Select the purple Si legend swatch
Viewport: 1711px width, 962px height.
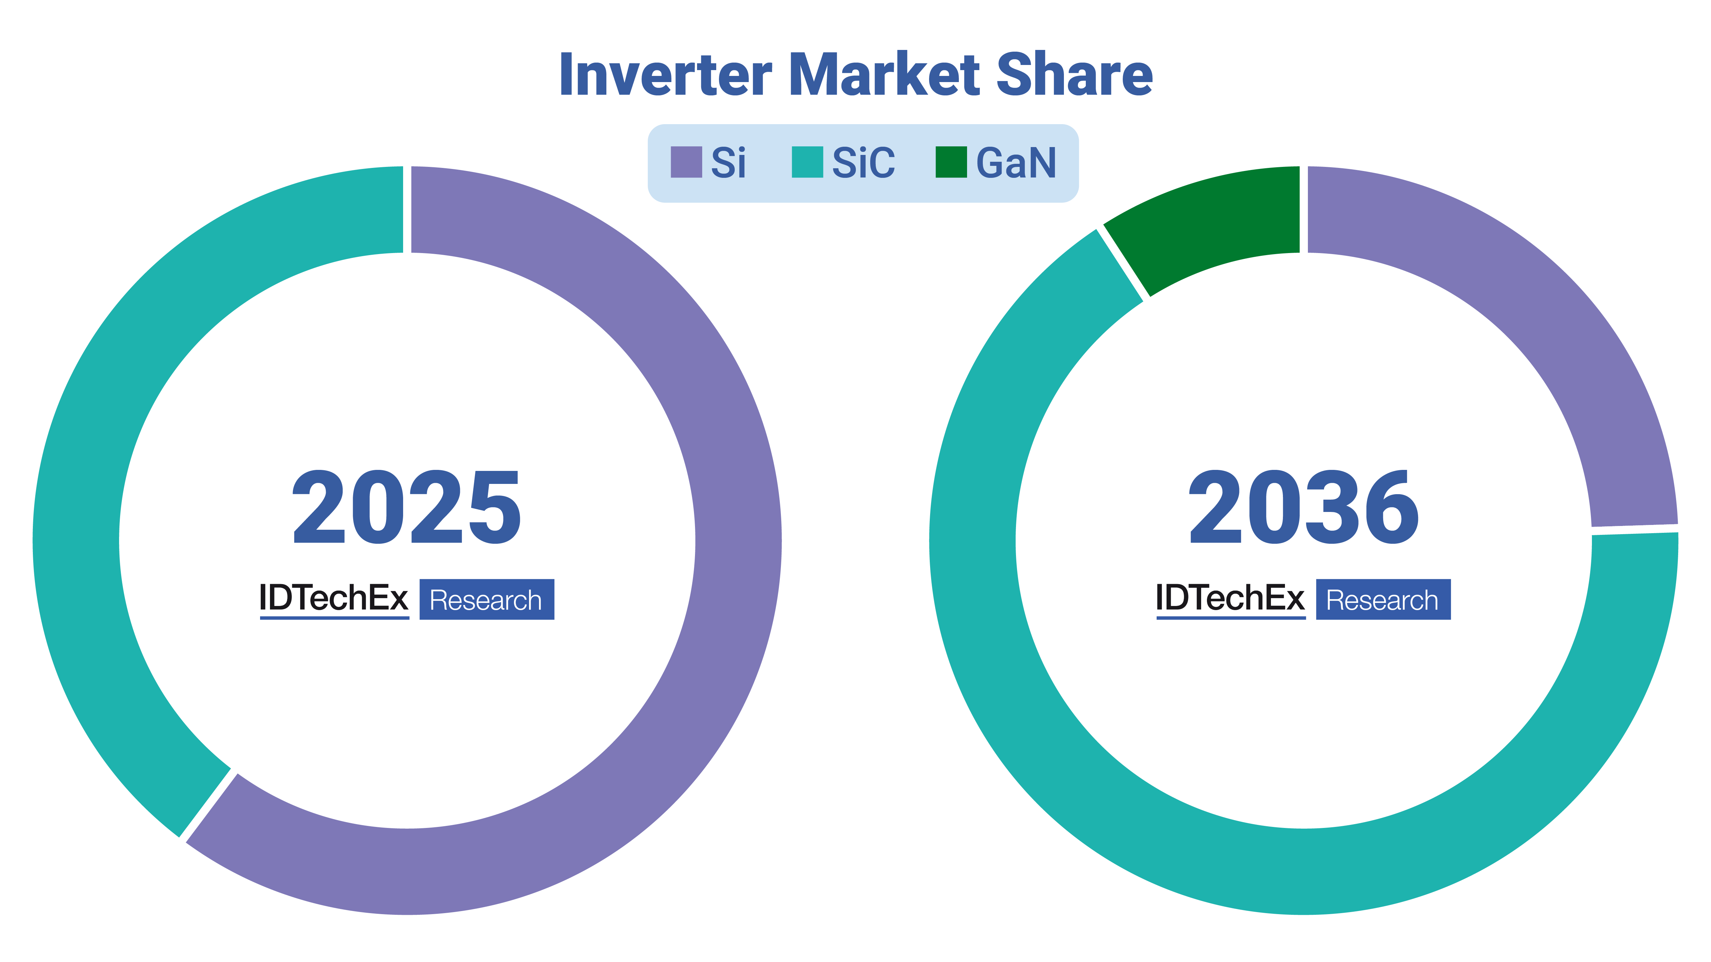[686, 162]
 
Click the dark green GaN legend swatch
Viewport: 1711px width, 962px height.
[951, 162]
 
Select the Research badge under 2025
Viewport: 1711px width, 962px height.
[487, 599]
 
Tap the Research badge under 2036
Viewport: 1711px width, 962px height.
[1384, 599]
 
